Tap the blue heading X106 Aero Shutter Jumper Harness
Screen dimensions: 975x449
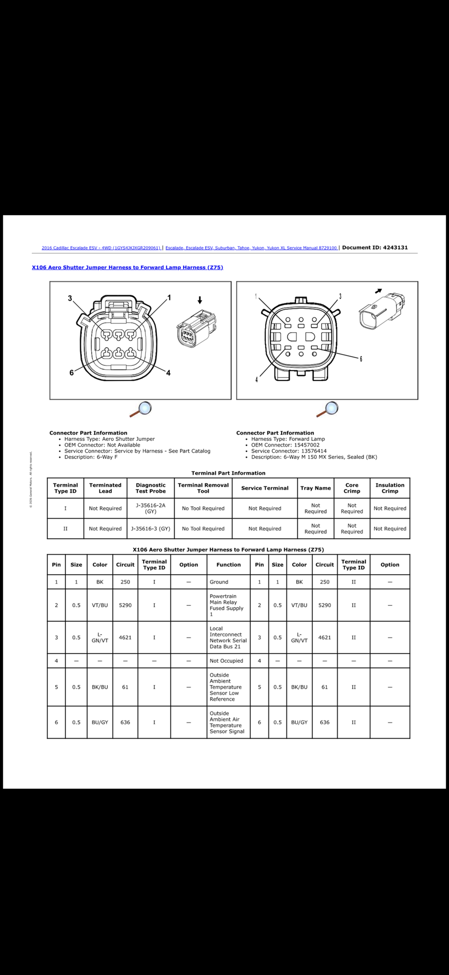click(x=127, y=267)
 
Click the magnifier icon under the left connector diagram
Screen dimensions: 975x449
click(x=141, y=409)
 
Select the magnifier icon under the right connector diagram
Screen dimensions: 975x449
click(x=327, y=409)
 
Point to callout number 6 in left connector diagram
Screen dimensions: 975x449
click(x=71, y=373)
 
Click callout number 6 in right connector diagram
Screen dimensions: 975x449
click(x=361, y=359)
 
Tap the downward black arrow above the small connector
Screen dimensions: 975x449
click(x=200, y=300)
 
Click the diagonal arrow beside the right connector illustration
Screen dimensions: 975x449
click(x=378, y=291)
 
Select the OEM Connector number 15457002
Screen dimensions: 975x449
click(x=306, y=445)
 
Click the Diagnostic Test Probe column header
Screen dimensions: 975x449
click(x=151, y=488)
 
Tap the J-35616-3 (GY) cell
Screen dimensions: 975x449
click(x=151, y=529)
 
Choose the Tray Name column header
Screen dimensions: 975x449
click(x=316, y=488)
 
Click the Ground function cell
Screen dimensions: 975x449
click(x=219, y=582)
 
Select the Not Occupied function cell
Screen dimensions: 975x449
click(x=226, y=661)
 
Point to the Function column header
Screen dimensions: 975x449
click(x=228, y=565)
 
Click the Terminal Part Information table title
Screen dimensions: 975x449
click(x=228, y=473)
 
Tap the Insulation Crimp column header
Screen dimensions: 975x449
click(x=389, y=488)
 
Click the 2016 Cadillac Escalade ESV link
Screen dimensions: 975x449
click(x=101, y=248)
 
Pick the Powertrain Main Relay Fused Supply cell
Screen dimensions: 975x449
click(x=226, y=605)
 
